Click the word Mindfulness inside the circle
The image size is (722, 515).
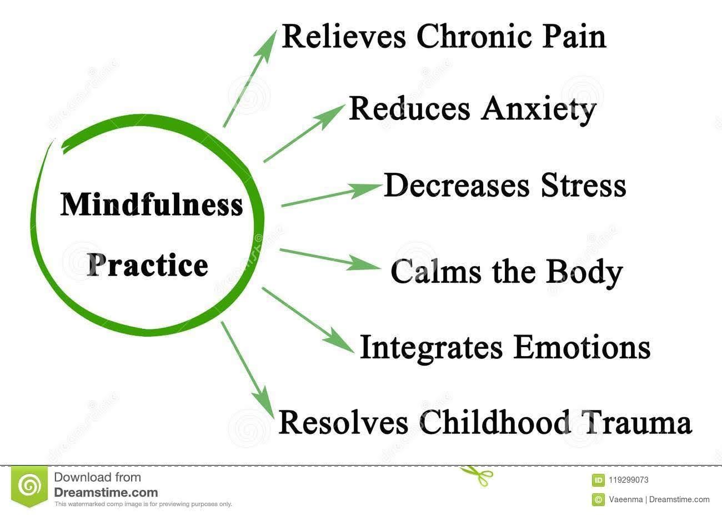point(152,204)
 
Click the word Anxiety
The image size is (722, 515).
point(538,109)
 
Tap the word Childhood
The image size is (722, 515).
point(494,422)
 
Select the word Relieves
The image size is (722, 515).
point(345,37)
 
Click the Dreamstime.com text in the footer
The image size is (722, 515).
point(106,492)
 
